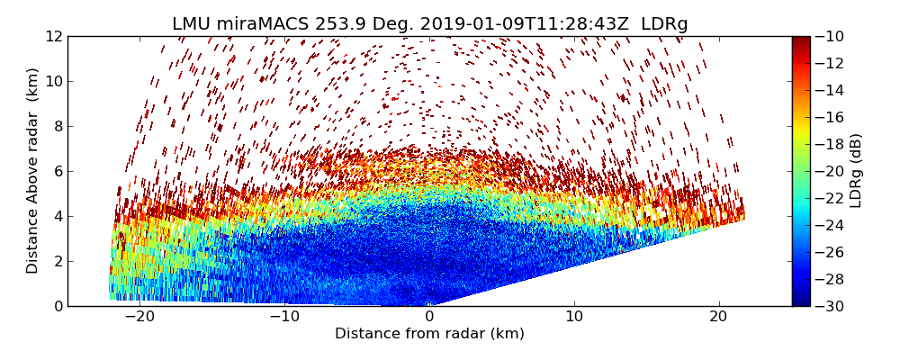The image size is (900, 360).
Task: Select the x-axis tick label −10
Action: tap(284, 317)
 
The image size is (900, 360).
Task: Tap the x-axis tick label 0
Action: tap(429, 317)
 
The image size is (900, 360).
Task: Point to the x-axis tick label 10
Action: tap(574, 317)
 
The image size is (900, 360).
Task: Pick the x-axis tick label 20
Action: tap(718, 317)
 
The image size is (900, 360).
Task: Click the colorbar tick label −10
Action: tap(829, 37)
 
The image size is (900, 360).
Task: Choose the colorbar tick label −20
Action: tap(829, 171)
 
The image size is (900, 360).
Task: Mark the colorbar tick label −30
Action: tap(829, 306)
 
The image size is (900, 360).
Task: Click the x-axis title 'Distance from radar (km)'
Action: tap(429, 334)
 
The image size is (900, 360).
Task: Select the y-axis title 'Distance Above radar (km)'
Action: tap(33, 170)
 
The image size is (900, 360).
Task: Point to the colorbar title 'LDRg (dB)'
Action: tap(856, 170)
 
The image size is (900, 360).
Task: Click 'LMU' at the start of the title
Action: tap(192, 24)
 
